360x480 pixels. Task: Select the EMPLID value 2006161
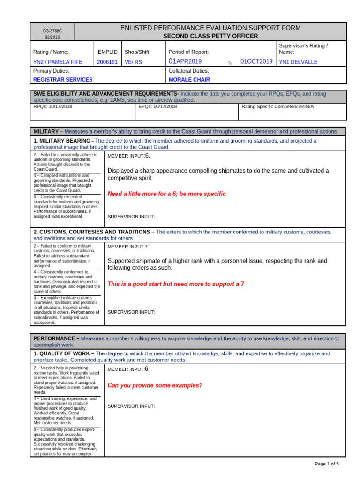pyautogui.click(x=107, y=62)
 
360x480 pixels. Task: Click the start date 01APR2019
pyautogui.click(x=185, y=61)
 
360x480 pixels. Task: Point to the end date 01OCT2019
pyautogui.click(x=256, y=61)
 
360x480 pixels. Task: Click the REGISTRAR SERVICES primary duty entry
pyautogui.click(x=63, y=80)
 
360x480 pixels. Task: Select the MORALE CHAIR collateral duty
pyautogui.click(x=189, y=80)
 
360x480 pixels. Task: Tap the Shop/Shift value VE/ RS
pyautogui.click(x=133, y=62)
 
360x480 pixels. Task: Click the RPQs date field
pyautogui.click(x=53, y=107)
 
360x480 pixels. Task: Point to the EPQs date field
pyautogui.click(x=158, y=107)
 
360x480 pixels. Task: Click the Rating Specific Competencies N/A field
pyautogui.click(x=277, y=107)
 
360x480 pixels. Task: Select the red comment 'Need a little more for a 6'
pyautogui.click(x=166, y=194)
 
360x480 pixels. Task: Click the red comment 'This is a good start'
pyautogui.click(x=176, y=284)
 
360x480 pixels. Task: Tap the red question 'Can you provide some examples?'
pyautogui.click(x=155, y=385)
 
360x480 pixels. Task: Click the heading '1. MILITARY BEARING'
pyautogui.click(x=62, y=141)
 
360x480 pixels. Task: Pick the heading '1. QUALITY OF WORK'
pyautogui.click(x=64, y=353)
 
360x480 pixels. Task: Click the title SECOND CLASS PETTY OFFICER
pyautogui.click(x=210, y=36)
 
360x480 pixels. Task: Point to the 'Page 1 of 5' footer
pyautogui.click(x=326, y=464)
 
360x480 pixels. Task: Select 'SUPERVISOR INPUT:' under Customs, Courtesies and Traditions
pyautogui.click(x=131, y=312)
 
